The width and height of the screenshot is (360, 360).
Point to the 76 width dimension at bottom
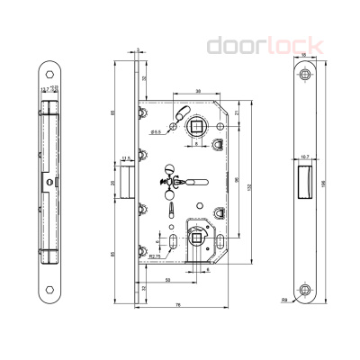(179, 307)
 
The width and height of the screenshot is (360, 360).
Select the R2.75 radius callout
(155, 256)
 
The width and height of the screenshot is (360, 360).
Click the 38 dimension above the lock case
(197, 91)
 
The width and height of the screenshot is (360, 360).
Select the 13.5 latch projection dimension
(125, 159)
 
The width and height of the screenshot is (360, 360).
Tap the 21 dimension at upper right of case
(236, 112)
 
